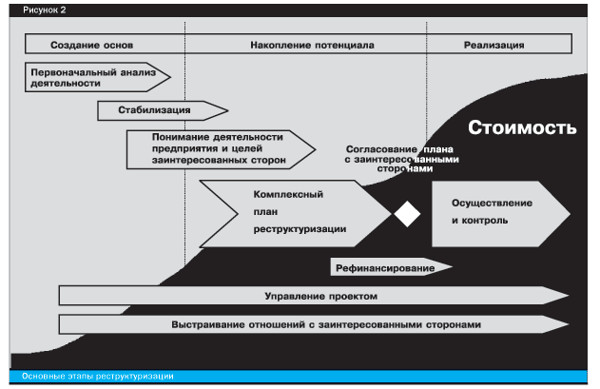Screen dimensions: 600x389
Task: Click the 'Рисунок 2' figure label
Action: [x=45, y=10]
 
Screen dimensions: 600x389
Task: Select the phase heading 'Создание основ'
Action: [x=92, y=46]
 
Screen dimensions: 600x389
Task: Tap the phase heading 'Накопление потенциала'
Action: [x=312, y=46]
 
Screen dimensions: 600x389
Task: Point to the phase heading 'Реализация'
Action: [x=494, y=46]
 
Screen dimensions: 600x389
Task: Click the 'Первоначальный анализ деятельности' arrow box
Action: [x=97, y=77]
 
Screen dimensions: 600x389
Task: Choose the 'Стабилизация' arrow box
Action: [x=163, y=110]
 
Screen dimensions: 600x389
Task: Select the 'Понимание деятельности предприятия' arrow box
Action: [x=221, y=149]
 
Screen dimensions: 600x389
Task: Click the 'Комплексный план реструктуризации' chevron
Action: [x=296, y=214]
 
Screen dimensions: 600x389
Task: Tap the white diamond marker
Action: [x=407, y=214]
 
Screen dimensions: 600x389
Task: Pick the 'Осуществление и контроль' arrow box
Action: [x=501, y=214]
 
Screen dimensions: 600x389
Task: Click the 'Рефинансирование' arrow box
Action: [x=391, y=267]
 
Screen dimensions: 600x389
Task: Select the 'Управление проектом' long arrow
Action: [x=314, y=296]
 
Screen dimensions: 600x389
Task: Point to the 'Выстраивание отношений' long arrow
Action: [x=314, y=324]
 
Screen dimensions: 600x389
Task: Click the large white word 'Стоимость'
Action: [x=522, y=127]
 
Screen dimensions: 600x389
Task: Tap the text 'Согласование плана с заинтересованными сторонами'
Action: [x=402, y=159]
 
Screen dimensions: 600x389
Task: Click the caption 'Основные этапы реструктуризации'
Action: [x=98, y=377]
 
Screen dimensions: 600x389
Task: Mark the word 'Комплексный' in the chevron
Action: [x=288, y=194]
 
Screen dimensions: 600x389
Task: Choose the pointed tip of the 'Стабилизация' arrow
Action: [x=228, y=110]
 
